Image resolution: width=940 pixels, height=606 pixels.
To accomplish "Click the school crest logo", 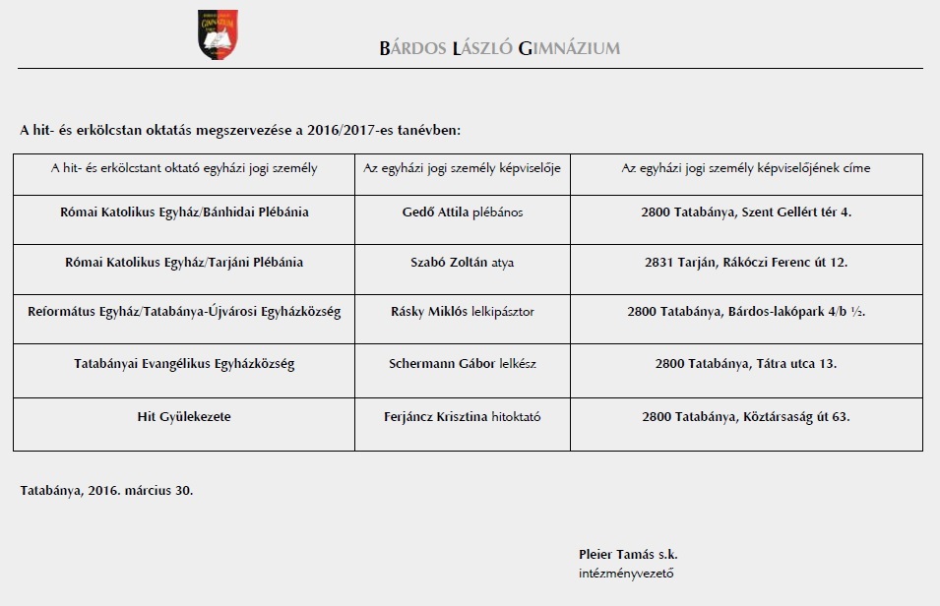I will pyautogui.click(x=218, y=33).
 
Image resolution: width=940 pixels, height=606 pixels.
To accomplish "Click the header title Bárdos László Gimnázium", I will pyautogui.click(x=499, y=48).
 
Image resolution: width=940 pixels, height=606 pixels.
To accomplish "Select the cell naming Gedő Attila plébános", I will pyautogui.click(x=463, y=212).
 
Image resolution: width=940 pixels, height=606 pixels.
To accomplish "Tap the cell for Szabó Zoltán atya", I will pyautogui.click(x=463, y=263).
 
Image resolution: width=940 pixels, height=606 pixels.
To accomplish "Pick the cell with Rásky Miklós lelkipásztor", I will pyautogui.click(x=463, y=312).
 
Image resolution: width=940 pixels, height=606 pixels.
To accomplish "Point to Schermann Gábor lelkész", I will pyautogui.click(x=463, y=364).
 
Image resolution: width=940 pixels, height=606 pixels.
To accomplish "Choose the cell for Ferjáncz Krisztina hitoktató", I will pyautogui.click(x=463, y=416).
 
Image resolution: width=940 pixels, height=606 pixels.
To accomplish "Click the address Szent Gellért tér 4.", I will pyautogui.click(x=745, y=212).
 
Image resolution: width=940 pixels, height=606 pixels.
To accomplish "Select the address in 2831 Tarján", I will pyautogui.click(x=745, y=263).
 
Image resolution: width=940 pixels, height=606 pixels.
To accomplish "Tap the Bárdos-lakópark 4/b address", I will pyautogui.click(x=745, y=312).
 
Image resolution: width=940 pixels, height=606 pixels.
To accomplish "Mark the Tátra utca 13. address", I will pyautogui.click(x=745, y=364).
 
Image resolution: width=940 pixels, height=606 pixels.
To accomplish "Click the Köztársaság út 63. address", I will pyautogui.click(x=745, y=416).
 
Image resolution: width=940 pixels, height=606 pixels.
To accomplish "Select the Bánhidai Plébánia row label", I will pyautogui.click(x=184, y=212).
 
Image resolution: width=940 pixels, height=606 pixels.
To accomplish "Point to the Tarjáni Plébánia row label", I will pyautogui.click(x=184, y=263).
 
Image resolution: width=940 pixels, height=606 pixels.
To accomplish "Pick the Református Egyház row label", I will pyautogui.click(x=184, y=312).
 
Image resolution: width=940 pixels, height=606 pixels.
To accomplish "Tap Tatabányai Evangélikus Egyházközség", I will pyautogui.click(x=184, y=364).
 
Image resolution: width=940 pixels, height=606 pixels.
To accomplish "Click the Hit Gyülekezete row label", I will pyautogui.click(x=184, y=416).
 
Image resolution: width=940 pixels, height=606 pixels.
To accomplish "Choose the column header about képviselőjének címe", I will pyautogui.click(x=745, y=168).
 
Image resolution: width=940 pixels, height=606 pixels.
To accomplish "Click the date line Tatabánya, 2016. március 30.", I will pyautogui.click(x=106, y=489).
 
